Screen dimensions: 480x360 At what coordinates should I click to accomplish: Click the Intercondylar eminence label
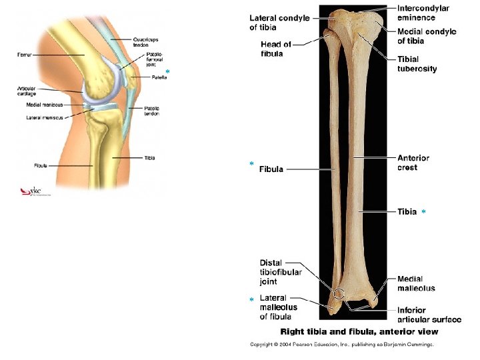pyautogui.click(x=423, y=13)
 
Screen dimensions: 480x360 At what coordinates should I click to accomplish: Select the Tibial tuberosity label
pyautogui.click(x=417, y=64)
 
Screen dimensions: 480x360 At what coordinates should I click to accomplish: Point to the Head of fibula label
pyautogui.click(x=276, y=49)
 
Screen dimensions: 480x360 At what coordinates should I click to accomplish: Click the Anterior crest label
pyautogui.click(x=413, y=163)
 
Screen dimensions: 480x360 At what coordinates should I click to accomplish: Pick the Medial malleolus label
pyautogui.click(x=416, y=283)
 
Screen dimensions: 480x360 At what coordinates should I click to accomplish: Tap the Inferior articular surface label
pyautogui.click(x=429, y=315)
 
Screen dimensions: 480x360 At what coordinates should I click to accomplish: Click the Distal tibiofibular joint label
pyautogui.click(x=281, y=272)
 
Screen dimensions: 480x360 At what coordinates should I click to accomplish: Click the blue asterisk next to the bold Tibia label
pyautogui.click(x=423, y=212)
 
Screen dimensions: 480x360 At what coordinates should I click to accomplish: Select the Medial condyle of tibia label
pyautogui.click(x=427, y=36)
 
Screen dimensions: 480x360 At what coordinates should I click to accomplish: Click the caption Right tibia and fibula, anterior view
pyautogui.click(x=359, y=331)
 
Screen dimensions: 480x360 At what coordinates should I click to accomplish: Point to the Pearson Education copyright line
pyautogui.click(x=341, y=345)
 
